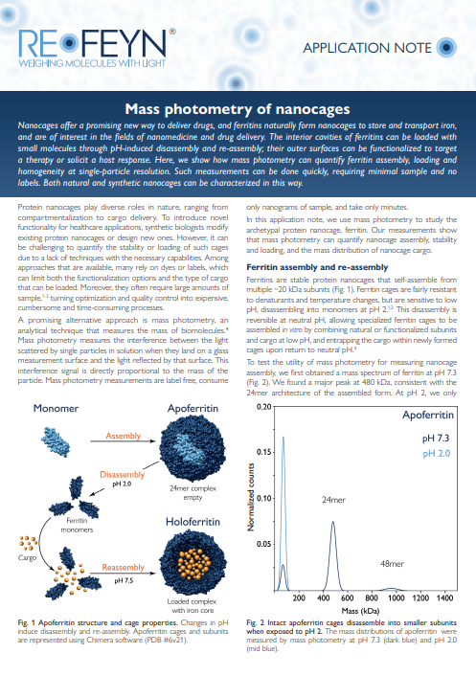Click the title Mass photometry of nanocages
[238, 109]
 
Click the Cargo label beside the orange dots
[27, 555]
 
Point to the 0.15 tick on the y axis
[261, 446]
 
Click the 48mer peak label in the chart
[392, 565]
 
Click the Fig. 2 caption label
[260, 621]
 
